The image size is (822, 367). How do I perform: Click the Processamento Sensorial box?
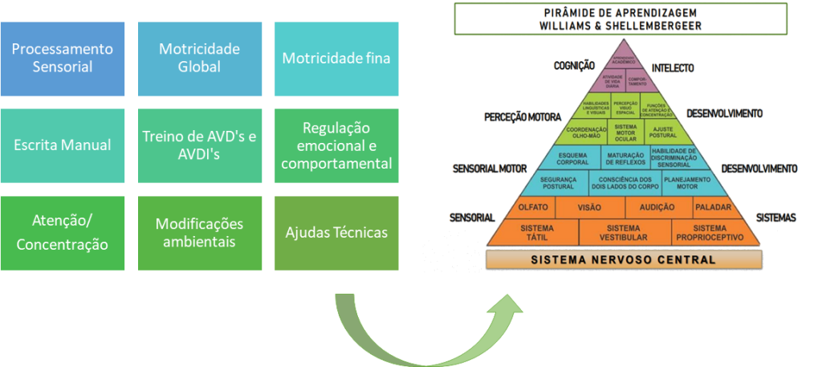pyautogui.click(x=63, y=59)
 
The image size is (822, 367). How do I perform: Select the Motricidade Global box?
pyautogui.click(x=200, y=59)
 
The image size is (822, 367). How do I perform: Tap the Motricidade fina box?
pyautogui.click(x=336, y=59)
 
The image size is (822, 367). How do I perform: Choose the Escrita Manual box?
pyautogui.click(x=63, y=145)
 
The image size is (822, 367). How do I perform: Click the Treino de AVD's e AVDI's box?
pyautogui.click(x=200, y=145)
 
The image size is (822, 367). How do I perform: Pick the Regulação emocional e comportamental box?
pyautogui.click(x=336, y=145)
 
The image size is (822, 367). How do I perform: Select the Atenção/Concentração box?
pyautogui.click(x=63, y=232)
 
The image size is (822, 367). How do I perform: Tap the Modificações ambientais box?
pyautogui.click(x=200, y=232)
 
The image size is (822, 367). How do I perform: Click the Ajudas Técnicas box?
pyautogui.click(x=336, y=232)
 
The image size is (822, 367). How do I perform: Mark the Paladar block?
pyautogui.click(x=712, y=207)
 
